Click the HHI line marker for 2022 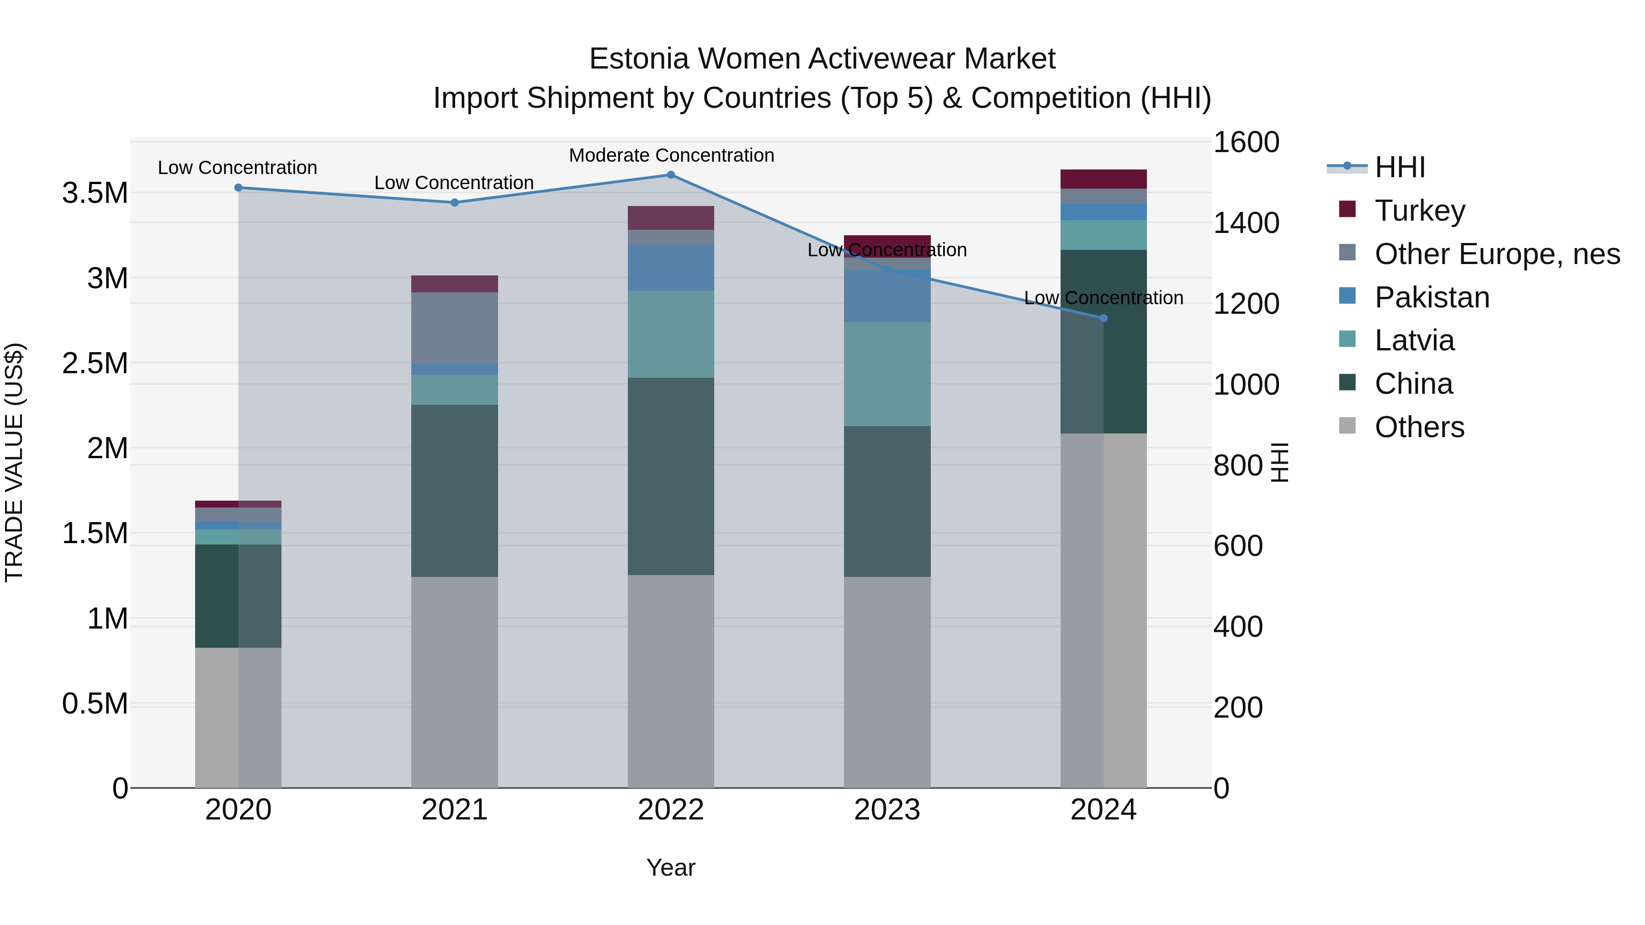670,174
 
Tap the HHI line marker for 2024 1104,318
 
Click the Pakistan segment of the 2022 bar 670,268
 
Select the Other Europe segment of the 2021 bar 454,328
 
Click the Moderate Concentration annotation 671,155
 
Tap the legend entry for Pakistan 1432,297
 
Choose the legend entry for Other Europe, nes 1497,254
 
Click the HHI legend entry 1400,167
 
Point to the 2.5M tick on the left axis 95,363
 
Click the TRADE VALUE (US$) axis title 14,462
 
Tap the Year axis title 670,867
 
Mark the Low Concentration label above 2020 238,168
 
